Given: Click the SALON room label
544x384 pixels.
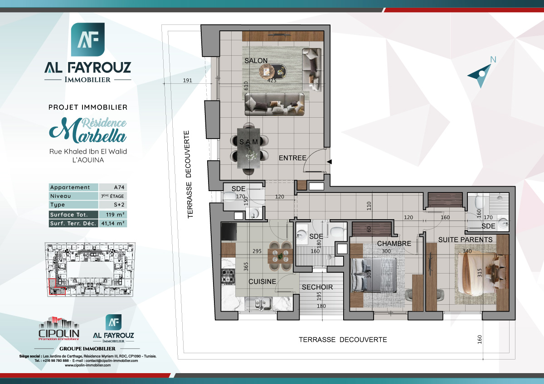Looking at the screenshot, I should pyautogui.click(x=256, y=61).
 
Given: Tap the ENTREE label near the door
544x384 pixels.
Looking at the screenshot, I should pyautogui.click(x=292, y=158).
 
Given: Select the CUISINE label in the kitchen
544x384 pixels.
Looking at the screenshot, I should pyautogui.click(x=262, y=281).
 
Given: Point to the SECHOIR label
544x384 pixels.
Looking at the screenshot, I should pyautogui.click(x=317, y=287).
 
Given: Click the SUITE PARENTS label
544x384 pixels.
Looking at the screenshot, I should pyautogui.click(x=465, y=239).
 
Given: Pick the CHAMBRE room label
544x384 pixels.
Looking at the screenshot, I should pyautogui.click(x=394, y=244).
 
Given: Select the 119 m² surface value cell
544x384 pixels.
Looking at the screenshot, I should pyautogui.click(x=112, y=215).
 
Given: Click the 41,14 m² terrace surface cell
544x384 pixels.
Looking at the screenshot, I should pyautogui.click(x=112, y=223).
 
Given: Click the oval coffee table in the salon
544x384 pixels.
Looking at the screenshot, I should pyautogui.click(x=273, y=71).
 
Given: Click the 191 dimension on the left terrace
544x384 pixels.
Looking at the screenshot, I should pyautogui.click(x=188, y=81).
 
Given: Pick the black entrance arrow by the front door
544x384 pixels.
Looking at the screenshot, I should pyautogui.click(x=330, y=162).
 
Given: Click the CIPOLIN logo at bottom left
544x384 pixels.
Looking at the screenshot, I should pyautogui.click(x=59, y=329).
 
